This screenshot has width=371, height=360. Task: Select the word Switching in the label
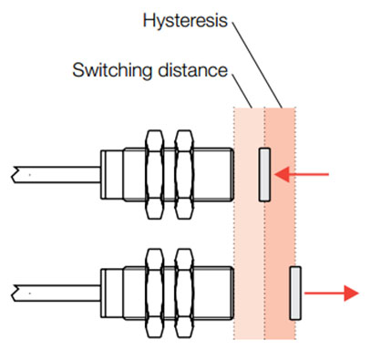103,69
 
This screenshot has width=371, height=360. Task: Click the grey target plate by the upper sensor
264,174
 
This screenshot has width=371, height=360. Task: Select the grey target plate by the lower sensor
294,293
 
